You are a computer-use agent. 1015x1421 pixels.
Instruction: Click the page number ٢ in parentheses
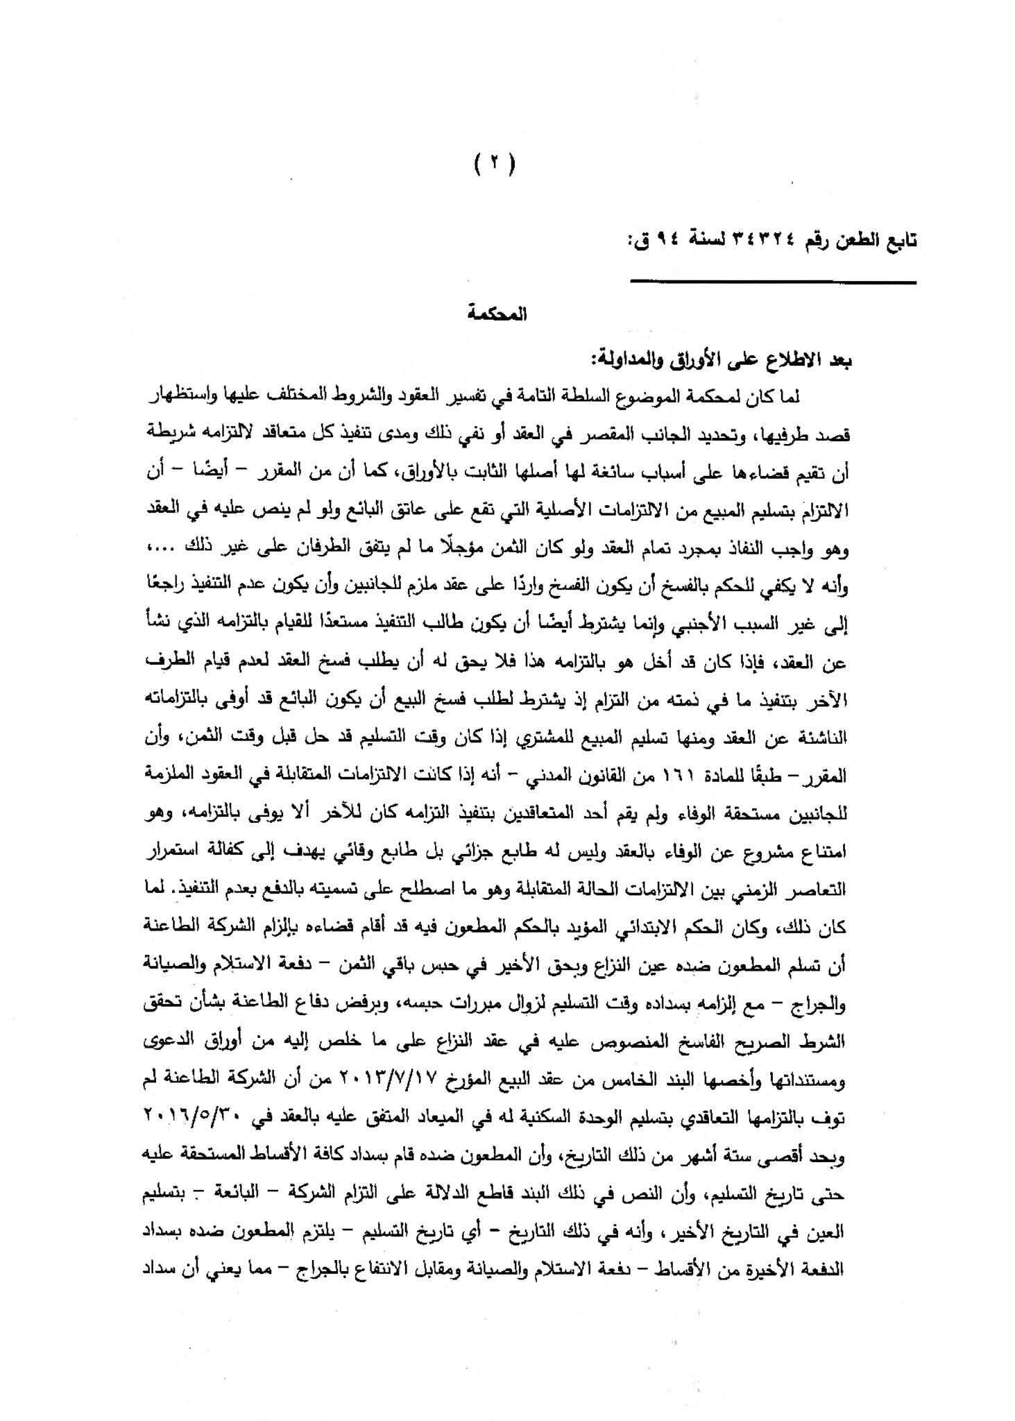[x=495, y=165]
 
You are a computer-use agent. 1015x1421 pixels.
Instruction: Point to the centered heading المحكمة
[x=497, y=314]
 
